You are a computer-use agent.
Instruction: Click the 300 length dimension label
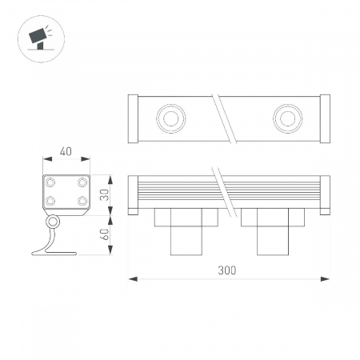(x=227, y=270)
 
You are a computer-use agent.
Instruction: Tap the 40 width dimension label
(x=66, y=151)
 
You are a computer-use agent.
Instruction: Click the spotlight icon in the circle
(x=40, y=38)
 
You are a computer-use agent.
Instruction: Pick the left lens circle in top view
(x=171, y=118)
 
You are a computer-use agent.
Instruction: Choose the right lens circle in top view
(x=288, y=118)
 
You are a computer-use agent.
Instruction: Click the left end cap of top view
(x=133, y=118)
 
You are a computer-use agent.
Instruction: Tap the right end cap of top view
(x=325, y=118)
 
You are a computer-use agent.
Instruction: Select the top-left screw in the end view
(x=50, y=182)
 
